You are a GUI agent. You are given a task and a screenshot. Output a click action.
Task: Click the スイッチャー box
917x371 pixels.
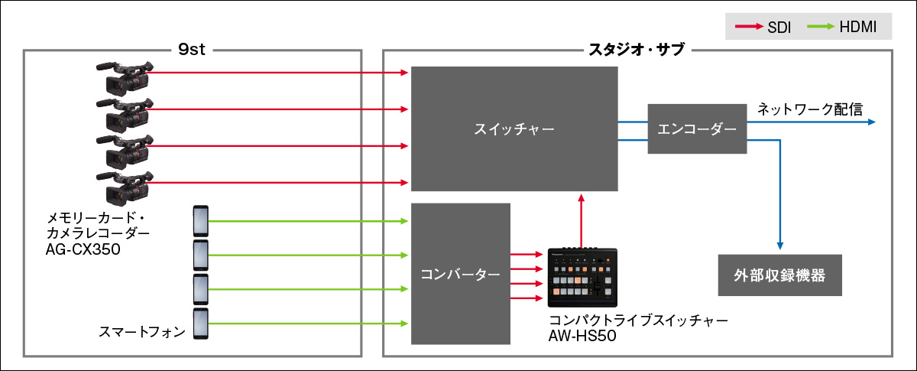coord(514,129)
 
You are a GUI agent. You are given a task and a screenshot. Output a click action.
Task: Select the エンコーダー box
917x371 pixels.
coord(696,129)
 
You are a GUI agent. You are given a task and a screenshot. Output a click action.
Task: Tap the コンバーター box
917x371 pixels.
coord(460,273)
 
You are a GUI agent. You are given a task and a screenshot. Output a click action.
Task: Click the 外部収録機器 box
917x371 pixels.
coord(779,275)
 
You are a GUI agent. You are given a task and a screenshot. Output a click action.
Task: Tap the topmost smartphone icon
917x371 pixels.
coord(200,222)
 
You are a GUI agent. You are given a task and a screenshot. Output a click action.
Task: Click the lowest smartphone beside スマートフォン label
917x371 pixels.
coord(200,324)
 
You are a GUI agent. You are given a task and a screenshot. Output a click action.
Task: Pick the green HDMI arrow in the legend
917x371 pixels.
coord(820,29)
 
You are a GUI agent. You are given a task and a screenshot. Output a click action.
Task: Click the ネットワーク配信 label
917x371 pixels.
coord(810,108)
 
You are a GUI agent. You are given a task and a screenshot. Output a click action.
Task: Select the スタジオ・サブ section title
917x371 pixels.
coord(636,50)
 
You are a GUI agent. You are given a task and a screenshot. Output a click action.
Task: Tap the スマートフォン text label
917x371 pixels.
coord(143,331)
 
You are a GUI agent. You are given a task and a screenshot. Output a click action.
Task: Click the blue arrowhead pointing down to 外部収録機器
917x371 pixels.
coord(779,245)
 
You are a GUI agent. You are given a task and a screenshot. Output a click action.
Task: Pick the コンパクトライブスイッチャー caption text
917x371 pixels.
coord(638,320)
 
